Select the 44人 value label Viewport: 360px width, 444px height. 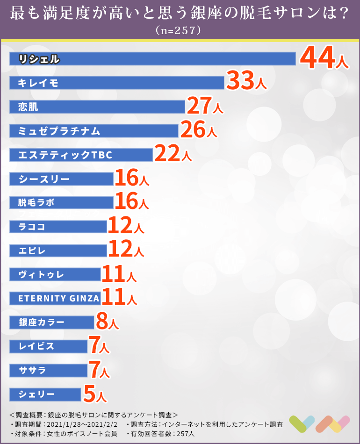pyautogui.click(x=324, y=58)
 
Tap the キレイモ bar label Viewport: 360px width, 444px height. pyautogui.click(x=38, y=83)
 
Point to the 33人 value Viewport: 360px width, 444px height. pyautogui.click(x=246, y=82)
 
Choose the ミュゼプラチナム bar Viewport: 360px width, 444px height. pyautogui.click(x=94, y=131)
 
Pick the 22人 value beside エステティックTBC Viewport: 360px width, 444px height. pyautogui.click(x=173, y=155)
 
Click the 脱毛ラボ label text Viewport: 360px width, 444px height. pyautogui.click(x=36, y=203)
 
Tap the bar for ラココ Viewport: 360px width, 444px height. pyautogui.click(x=58, y=227)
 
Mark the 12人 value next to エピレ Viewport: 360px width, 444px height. pyautogui.click(x=126, y=251)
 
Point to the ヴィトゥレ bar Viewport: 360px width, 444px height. pyautogui.click(x=55, y=274)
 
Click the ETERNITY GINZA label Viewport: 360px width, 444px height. pyautogui.click(x=59, y=298)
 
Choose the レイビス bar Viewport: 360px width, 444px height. pyautogui.click(x=49, y=346)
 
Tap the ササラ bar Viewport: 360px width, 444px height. pyautogui.click(x=49, y=370)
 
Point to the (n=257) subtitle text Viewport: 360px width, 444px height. pyautogui.click(x=180, y=31)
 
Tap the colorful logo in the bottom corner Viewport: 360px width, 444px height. pyautogui.click(x=319, y=424)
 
